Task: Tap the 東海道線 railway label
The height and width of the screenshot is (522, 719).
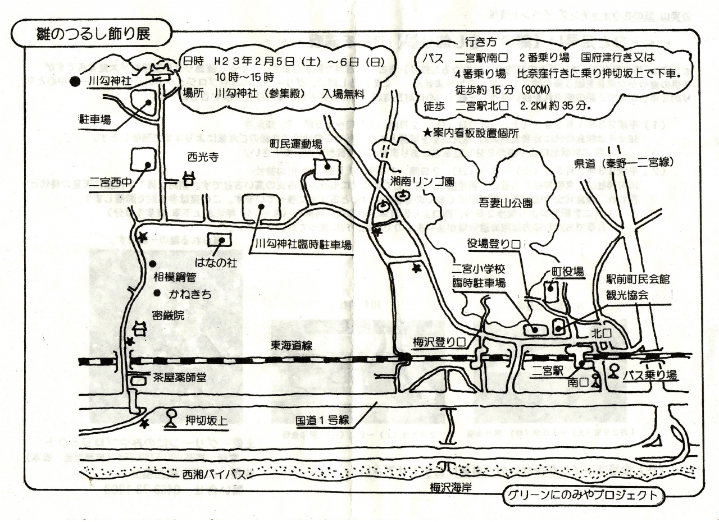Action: (292, 346)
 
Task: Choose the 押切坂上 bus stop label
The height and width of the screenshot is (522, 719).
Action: (206, 420)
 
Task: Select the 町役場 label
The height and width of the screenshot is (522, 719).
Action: (568, 272)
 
